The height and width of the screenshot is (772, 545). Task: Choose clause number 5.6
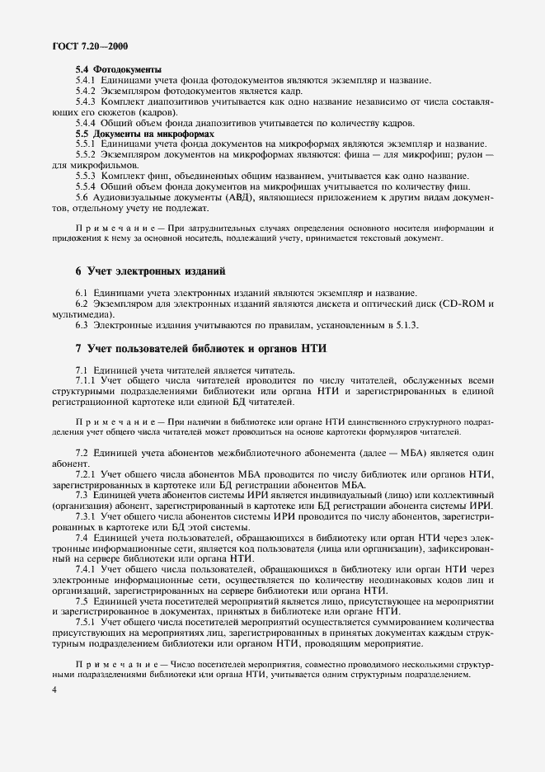coord(82,197)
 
